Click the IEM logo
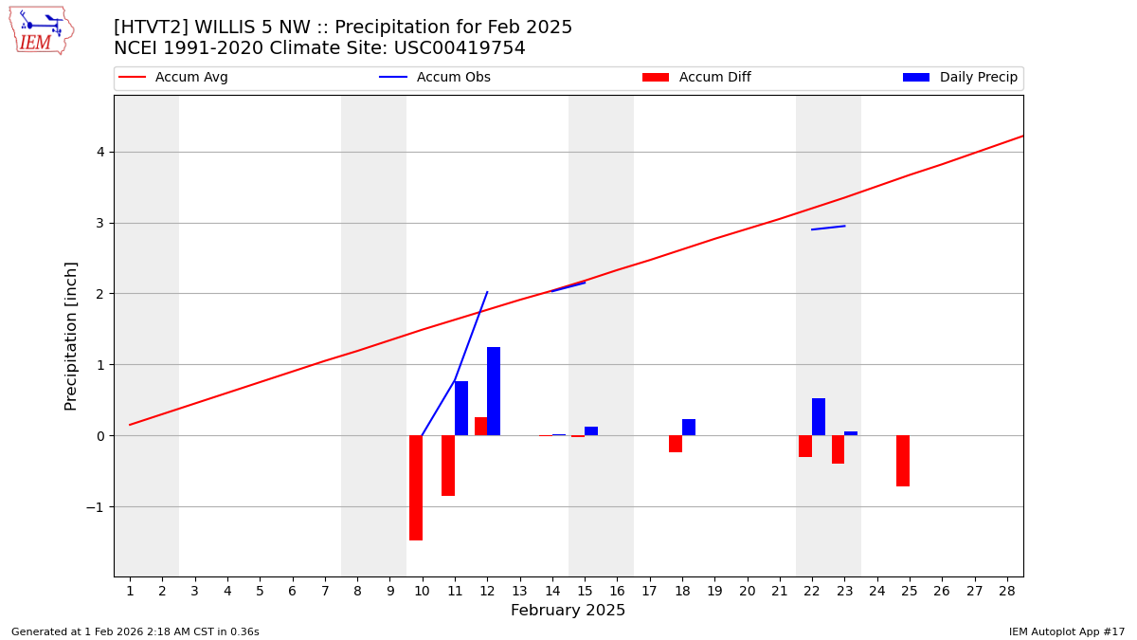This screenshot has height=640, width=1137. pyautogui.click(x=41, y=30)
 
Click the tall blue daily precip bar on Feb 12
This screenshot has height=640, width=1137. pyautogui.click(x=494, y=391)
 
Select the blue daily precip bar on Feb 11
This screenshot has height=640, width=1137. pyautogui.click(x=461, y=408)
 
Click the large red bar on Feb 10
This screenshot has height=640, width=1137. pyautogui.click(x=416, y=487)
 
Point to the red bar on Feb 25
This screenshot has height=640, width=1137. pyautogui.click(x=903, y=461)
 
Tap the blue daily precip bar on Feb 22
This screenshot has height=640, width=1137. pyautogui.click(x=819, y=416)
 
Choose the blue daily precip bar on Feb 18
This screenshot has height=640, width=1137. pyautogui.click(x=689, y=427)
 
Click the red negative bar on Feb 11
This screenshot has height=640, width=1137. pyautogui.click(x=448, y=466)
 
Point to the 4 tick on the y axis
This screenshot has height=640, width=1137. pyautogui.click(x=99, y=152)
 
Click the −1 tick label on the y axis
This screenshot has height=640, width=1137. pyautogui.click(x=95, y=507)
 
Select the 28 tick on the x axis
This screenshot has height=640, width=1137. pyautogui.click(x=1006, y=591)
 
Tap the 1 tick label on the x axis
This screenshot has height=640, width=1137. pyautogui.click(x=130, y=591)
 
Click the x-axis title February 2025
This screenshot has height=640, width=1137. pyautogui.click(x=568, y=611)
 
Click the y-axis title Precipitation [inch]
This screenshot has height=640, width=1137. pyautogui.click(x=71, y=336)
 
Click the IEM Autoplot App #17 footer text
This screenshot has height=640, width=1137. pyautogui.click(x=1066, y=631)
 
